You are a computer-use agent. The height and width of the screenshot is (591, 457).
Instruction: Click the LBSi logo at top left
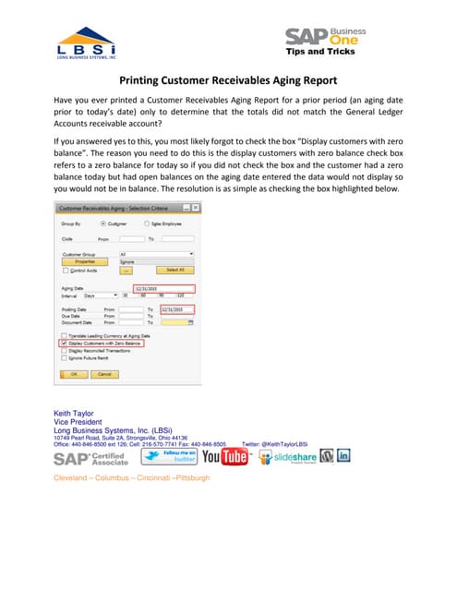[85, 44]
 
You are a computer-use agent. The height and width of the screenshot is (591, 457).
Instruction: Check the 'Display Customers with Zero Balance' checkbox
[64, 343]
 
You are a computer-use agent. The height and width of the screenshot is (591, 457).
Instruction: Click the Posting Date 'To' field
[176, 308]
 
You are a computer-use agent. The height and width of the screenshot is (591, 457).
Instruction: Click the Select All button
[173, 269]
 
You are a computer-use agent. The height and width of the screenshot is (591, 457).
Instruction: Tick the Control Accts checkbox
[65, 270]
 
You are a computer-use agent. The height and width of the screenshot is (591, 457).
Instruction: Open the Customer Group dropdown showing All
[156, 253]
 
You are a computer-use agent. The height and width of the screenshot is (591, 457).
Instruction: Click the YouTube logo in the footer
[225, 456]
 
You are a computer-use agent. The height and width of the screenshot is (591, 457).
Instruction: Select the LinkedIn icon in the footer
[343, 455]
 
